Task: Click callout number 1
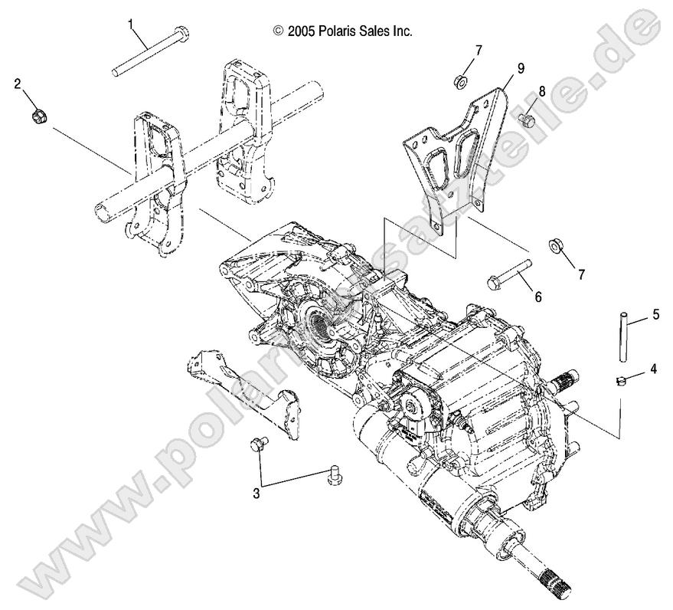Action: pos(131,24)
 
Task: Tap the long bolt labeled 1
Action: pos(150,53)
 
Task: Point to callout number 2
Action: pos(17,85)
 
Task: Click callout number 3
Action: pos(256,494)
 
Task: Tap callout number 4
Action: pos(652,369)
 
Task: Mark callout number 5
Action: pos(655,313)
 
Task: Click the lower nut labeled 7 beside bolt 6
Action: pos(554,248)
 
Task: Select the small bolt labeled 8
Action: pos(525,120)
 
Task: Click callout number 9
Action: pos(520,68)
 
